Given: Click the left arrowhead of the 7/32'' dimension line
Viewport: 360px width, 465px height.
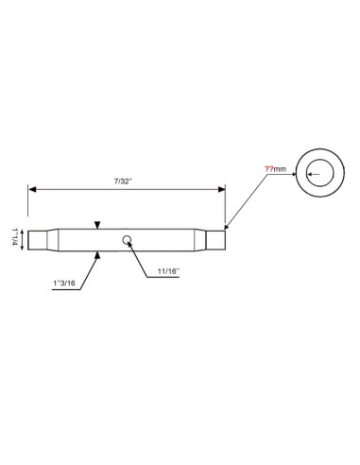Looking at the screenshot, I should [32, 189].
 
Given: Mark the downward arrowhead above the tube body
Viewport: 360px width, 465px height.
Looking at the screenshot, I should [97, 224].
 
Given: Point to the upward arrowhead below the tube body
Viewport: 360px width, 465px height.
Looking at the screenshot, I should [97, 254].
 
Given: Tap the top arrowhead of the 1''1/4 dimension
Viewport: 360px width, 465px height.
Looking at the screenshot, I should [22, 230].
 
